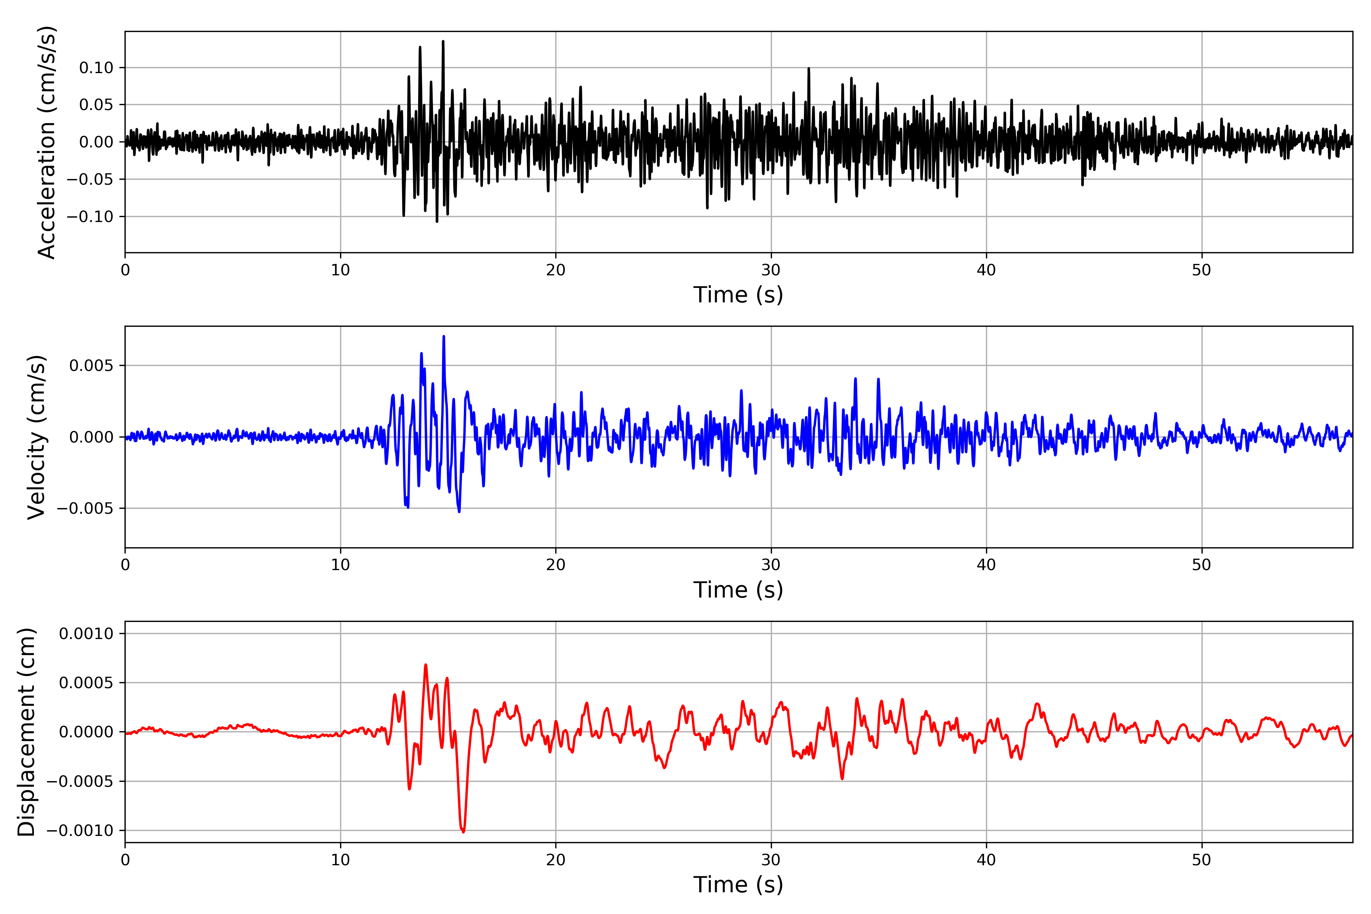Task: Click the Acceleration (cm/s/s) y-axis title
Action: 46,142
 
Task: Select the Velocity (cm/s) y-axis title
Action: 36,437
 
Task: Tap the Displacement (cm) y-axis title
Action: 26,732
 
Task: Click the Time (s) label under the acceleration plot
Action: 738,295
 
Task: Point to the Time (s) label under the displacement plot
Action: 738,885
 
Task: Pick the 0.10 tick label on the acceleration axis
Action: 96,68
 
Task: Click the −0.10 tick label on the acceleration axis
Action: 90,217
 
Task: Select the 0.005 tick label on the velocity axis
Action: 91,366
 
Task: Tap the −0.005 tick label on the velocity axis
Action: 85,508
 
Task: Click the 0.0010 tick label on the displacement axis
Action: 86,634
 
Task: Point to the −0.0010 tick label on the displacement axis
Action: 80,831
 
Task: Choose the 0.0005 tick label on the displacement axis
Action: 86,682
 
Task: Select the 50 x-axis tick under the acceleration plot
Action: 1202,270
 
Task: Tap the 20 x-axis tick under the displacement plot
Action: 556,860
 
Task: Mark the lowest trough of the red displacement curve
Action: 463,832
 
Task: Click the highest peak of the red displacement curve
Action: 425,665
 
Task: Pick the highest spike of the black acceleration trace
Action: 443,42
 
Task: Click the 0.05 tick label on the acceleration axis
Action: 96,105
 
